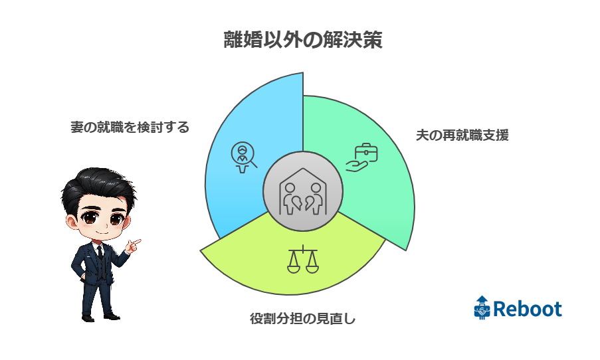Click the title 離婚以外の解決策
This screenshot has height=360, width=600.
click(x=303, y=40)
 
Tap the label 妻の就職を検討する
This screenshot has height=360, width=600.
click(x=130, y=127)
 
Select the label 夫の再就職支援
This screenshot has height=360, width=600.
click(x=462, y=135)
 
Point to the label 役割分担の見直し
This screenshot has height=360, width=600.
click(x=303, y=318)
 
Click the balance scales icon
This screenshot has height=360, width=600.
click(x=303, y=260)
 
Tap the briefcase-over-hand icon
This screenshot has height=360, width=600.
click(x=362, y=157)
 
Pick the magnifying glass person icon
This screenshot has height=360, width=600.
click(x=243, y=157)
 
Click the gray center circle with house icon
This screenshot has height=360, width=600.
click(x=303, y=191)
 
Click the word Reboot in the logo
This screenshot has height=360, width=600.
click(x=528, y=309)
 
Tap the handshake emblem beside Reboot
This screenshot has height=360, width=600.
click(x=482, y=308)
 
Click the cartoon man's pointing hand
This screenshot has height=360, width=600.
click(x=133, y=245)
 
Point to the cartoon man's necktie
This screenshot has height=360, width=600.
click(x=100, y=252)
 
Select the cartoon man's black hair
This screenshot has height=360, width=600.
click(x=98, y=187)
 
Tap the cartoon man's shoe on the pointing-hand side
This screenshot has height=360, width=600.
click(x=112, y=316)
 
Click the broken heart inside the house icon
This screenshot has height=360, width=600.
click(x=303, y=203)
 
